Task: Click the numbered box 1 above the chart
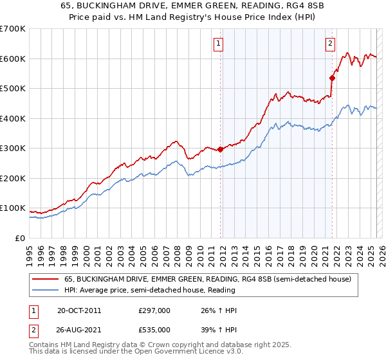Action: (219, 44)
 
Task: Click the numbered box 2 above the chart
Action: (330, 44)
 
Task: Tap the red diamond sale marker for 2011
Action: (220, 149)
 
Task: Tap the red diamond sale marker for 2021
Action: (333, 78)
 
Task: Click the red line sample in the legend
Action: (45, 280)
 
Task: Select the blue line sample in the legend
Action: (45, 291)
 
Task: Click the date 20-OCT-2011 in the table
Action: (79, 310)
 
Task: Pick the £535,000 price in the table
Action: (154, 330)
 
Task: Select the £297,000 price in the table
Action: (154, 310)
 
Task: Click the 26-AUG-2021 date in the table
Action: (80, 330)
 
